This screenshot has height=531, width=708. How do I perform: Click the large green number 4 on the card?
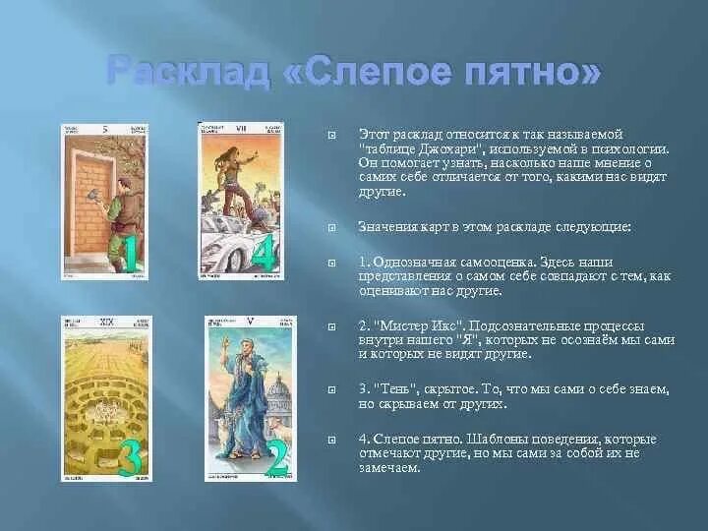pos(263,254)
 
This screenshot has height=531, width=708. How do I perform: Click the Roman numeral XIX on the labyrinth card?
pos(105,322)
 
